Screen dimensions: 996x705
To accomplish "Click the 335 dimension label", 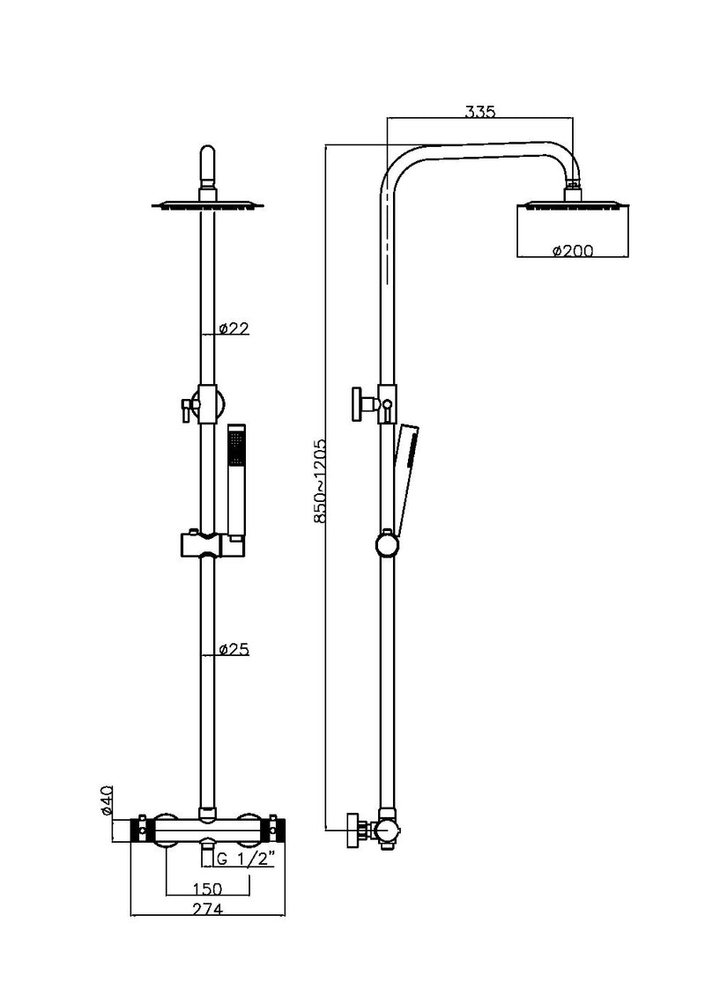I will pos(480,112).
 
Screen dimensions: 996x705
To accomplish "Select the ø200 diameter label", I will pos(572,251).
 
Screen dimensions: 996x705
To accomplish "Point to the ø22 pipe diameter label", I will pos(234,328).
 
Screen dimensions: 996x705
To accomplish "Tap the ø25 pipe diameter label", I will pos(234,650).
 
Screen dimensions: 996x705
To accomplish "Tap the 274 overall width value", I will pos(206,909).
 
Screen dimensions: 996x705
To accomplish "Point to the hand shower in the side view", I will pos(404,476).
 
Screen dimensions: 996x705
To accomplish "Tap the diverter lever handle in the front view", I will pos(186,407).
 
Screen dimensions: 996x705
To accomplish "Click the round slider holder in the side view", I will pos(386,544).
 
